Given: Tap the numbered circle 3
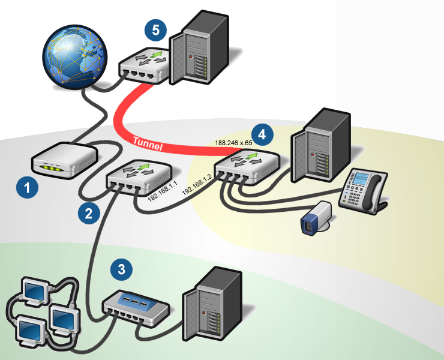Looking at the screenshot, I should [x=122, y=269].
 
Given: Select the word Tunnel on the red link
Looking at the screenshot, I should [x=149, y=142].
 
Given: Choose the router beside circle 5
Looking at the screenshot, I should [x=143, y=65].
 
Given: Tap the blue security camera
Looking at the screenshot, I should [x=316, y=218].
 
